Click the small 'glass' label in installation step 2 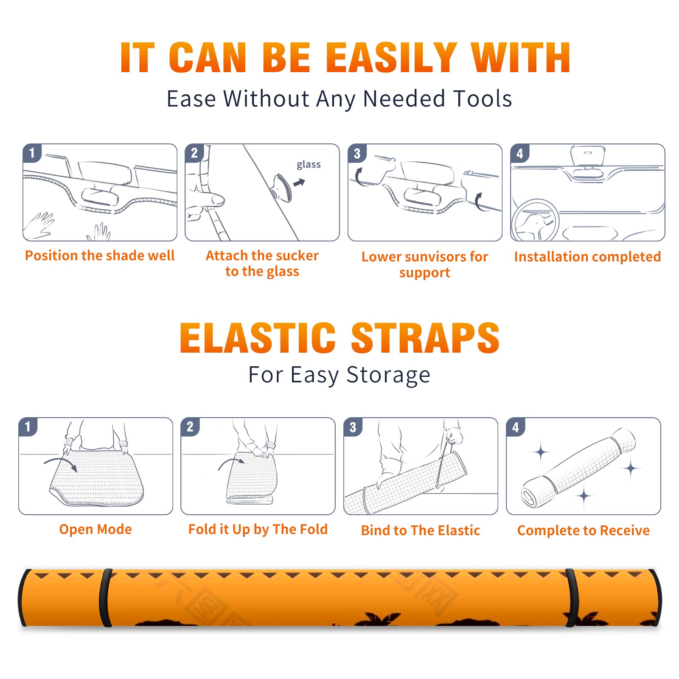(x=309, y=165)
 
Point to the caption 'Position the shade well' (x=100, y=255)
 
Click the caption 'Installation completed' (x=587, y=257)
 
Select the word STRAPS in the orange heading (x=425, y=338)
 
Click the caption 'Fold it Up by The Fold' (x=258, y=529)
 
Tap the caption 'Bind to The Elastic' (x=421, y=530)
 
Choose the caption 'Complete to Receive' (x=584, y=530)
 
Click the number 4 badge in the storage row (x=516, y=427)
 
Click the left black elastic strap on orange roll (x=105, y=597)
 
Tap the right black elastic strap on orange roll (x=572, y=598)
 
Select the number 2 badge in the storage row (x=190, y=427)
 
